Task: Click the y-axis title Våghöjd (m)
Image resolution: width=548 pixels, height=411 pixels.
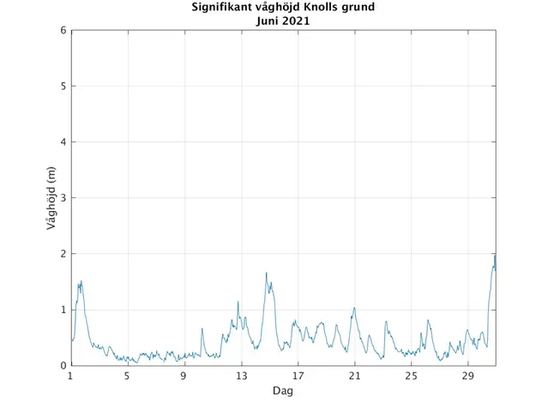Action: click(51, 198)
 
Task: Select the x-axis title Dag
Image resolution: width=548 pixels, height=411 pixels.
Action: click(283, 390)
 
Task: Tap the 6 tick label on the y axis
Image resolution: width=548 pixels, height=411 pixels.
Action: click(63, 31)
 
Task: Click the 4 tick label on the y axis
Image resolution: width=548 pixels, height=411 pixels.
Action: click(63, 142)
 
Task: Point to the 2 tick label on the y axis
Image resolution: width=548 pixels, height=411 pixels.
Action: click(63, 254)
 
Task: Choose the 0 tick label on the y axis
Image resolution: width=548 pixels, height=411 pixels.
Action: click(63, 366)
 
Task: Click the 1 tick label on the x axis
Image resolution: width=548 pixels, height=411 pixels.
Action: click(71, 377)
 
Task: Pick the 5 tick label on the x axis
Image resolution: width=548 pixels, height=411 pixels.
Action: click(127, 377)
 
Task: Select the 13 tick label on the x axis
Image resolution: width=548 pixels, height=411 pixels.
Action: click(241, 377)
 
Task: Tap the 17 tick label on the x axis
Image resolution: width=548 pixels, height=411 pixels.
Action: click(298, 377)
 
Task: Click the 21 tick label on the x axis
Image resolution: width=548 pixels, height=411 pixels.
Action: click(354, 377)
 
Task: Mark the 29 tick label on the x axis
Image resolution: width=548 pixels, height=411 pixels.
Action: click(467, 377)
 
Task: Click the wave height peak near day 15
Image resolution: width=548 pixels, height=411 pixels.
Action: click(267, 274)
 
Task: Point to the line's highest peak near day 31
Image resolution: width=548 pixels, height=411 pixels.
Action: click(494, 255)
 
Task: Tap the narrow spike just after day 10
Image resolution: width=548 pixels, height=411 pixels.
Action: click(202, 329)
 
